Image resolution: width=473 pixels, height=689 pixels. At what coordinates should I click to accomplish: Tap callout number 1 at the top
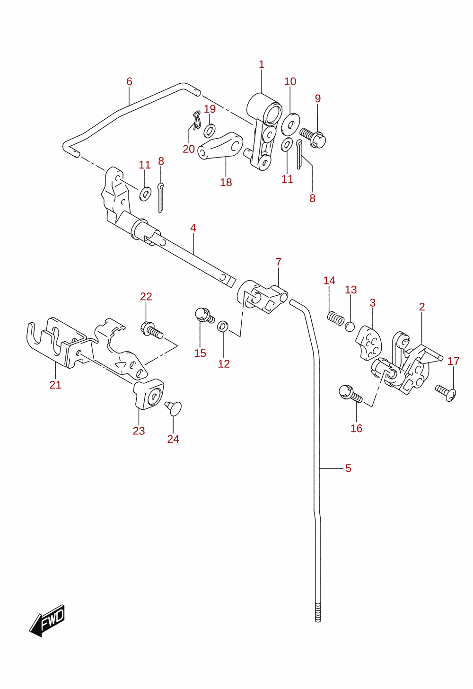coord(262,65)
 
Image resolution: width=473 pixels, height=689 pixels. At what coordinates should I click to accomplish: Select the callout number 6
coord(129,82)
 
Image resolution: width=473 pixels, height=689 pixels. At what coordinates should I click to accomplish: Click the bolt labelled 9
coord(313,137)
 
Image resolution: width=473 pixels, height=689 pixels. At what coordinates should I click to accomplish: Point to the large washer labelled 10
coord(290,124)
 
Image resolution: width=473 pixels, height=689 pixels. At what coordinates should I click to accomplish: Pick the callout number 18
coord(226,182)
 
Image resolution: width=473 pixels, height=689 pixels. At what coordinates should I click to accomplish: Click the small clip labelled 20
coord(196,120)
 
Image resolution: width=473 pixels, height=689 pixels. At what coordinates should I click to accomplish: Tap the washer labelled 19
coord(210,131)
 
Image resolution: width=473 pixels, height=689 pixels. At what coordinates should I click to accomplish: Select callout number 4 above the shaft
coord(193,228)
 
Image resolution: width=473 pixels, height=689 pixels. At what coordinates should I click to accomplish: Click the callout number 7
coord(278,262)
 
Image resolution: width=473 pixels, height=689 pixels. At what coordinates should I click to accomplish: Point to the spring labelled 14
coord(335,318)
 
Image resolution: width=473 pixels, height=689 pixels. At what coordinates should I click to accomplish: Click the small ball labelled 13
coord(350,327)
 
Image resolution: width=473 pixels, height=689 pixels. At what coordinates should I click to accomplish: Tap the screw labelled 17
coord(446,393)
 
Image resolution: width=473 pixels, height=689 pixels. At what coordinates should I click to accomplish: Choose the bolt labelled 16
coord(350,394)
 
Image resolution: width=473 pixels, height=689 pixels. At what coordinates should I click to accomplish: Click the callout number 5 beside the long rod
coord(348,468)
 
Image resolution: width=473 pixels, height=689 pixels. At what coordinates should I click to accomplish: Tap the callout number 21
coord(55,385)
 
